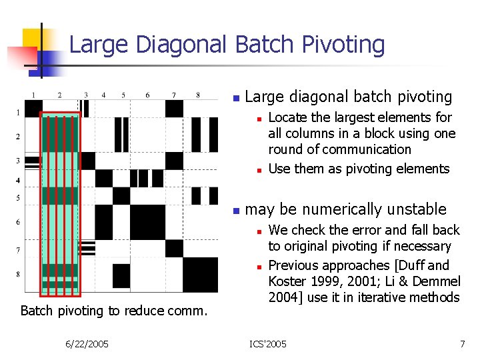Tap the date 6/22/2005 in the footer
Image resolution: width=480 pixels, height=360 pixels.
click(x=87, y=343)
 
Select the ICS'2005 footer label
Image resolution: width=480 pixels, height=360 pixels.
click(x=268, y=343)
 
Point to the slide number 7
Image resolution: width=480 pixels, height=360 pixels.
click(x=462, y=343)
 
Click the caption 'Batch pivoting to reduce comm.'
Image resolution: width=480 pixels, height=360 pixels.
click(x=113, y=310)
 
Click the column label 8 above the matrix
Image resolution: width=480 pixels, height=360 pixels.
click(x=198, y=95)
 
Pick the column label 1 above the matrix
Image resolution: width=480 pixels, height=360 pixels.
click(x=34, y=95)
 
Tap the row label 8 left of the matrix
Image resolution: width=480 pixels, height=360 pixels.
click(x=18, y=274)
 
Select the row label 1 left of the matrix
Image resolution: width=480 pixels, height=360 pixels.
click(x=18, y=112)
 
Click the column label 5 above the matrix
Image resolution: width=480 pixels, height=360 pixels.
click(x=123, y=95)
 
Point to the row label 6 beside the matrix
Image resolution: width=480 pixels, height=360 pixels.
click(x=18, y=222)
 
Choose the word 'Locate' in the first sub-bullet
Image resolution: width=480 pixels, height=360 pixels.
click(x=287, y=117)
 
